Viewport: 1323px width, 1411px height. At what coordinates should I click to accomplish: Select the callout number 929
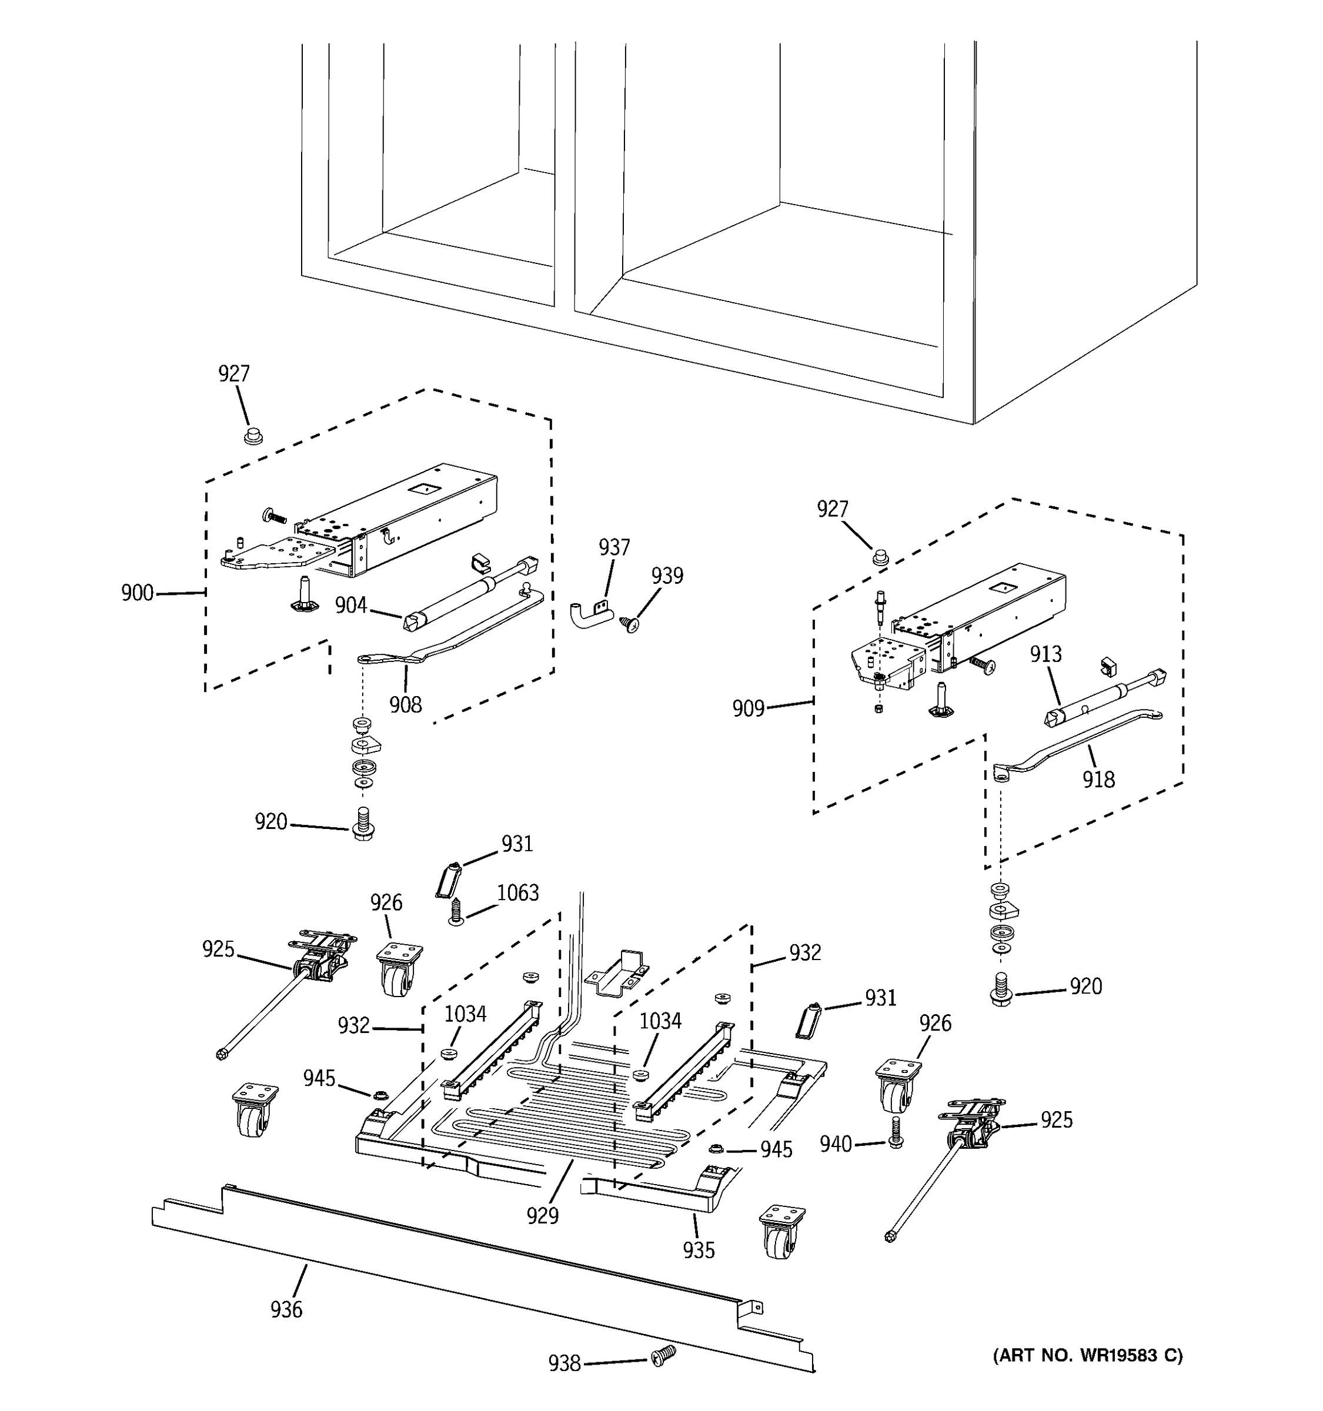tap(542, 1216)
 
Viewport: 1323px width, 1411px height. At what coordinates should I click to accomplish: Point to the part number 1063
tap(517, 893)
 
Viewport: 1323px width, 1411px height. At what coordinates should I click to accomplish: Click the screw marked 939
tap(629, 624)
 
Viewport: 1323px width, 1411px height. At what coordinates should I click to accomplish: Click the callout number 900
tap(137, 593)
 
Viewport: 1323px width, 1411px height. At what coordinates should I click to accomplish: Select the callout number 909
tap(748, 708)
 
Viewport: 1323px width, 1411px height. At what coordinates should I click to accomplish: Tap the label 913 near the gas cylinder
tap(1045, 654)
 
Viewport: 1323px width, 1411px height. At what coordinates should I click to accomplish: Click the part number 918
tap(1098, 780)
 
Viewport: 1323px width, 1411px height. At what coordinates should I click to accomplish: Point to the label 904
tap(350, 606)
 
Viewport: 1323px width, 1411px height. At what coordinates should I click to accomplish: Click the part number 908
tap(405, 705)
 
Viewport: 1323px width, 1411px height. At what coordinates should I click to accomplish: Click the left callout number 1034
tap(465, 1015)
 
